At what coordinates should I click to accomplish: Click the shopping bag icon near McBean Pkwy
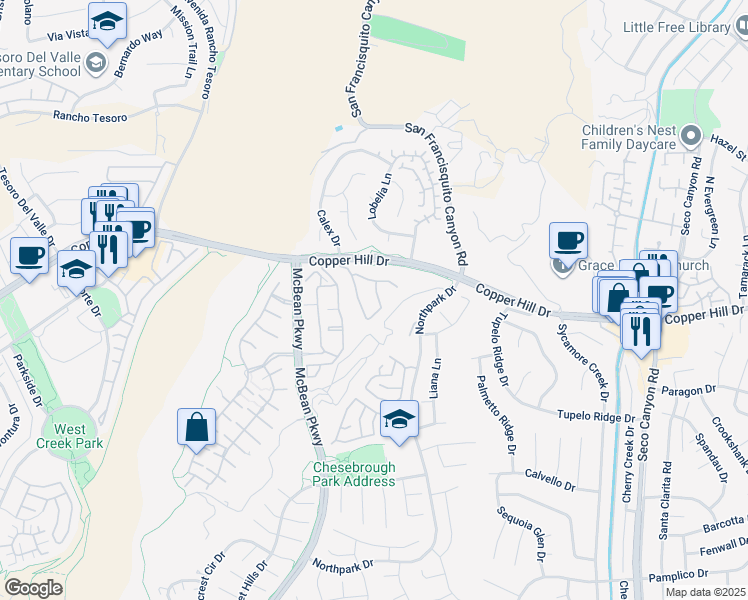(197, 427)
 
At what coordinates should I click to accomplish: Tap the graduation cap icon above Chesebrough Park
(399, 418)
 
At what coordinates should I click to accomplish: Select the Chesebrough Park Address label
(354, 474)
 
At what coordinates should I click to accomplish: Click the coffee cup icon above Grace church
(568, 240)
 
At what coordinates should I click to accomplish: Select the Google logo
(33, 588)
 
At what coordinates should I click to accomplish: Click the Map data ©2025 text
(706, 592)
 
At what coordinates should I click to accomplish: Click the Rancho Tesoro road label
(91, 118)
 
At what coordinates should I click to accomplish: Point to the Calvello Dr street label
(550, 482)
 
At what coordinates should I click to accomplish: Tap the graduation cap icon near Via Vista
(107, 19)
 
